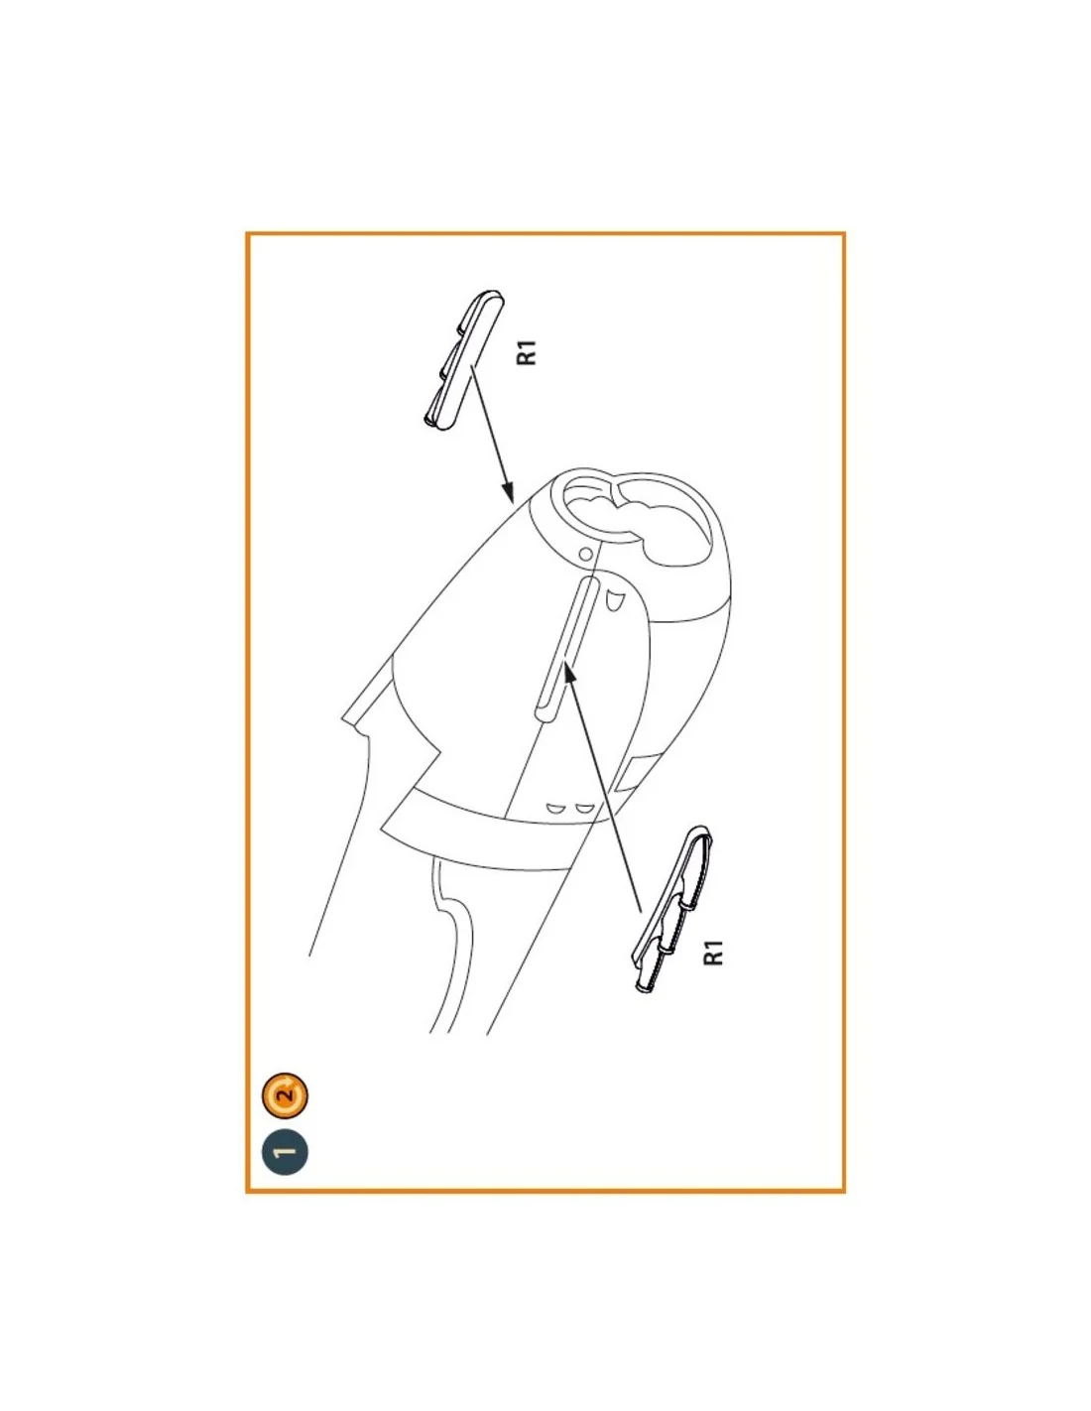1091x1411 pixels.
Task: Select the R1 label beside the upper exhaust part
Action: [x=527, y=352]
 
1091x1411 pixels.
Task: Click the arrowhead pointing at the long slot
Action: [x=569, y=674]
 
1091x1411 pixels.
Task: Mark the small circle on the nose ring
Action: [x=585, y=554]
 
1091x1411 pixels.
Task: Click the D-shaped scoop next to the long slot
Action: [x=613, y=600]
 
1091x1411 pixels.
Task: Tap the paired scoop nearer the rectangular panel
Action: [x=585, y=809]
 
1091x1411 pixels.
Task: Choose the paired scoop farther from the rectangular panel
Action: [x=555, y=809]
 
